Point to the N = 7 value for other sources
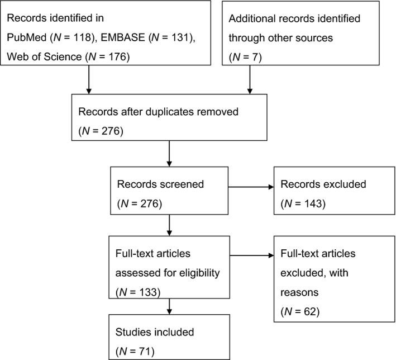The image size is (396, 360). click(x=247, y=58)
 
